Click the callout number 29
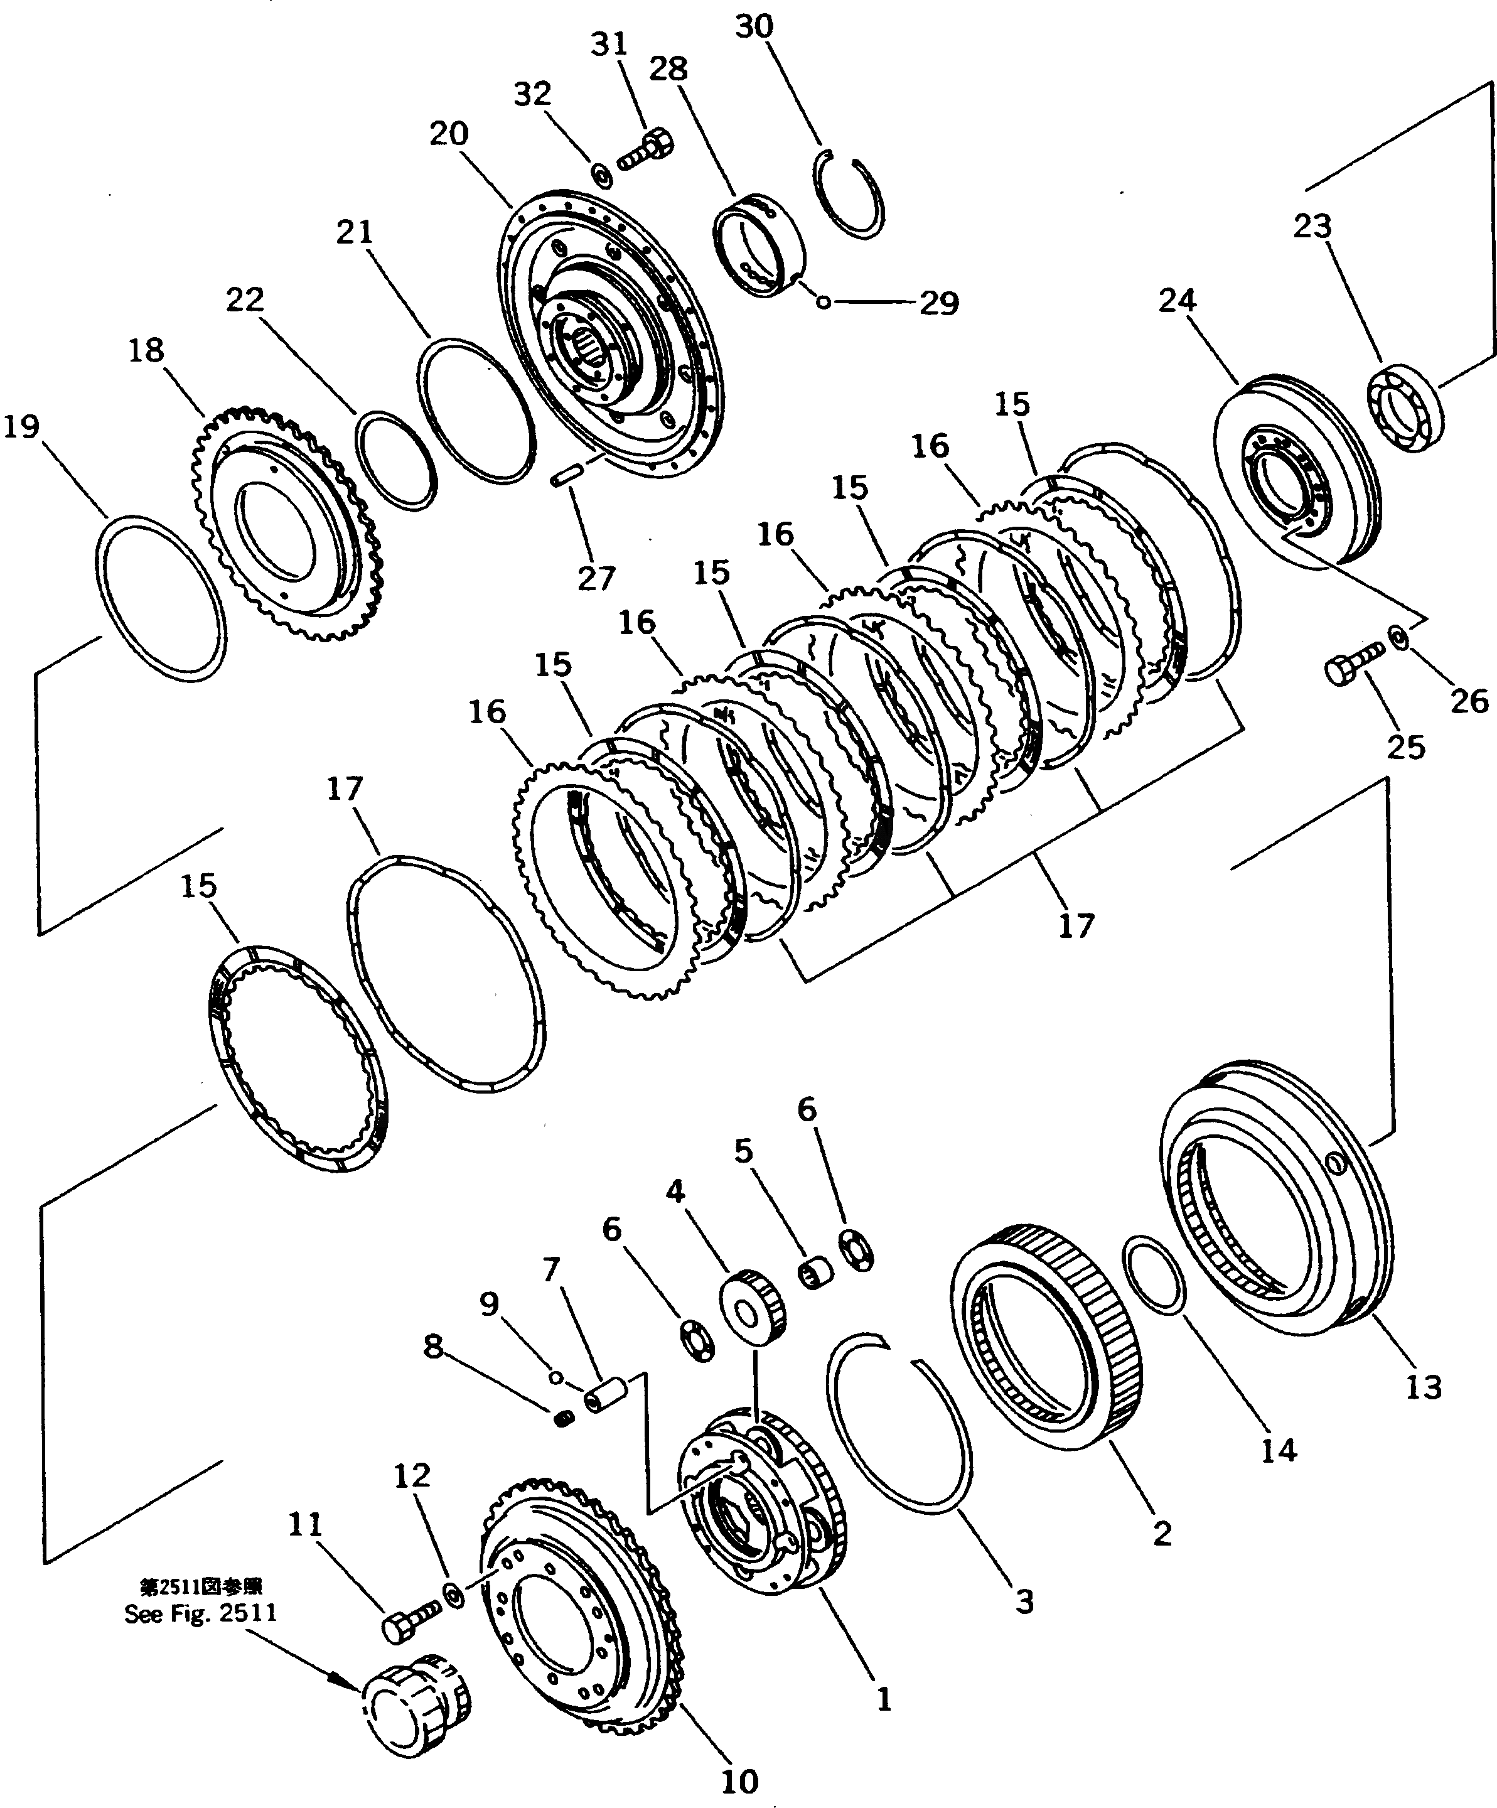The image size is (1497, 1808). coord(938,303)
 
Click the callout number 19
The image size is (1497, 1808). coord(21,427)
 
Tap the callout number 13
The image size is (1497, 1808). coord(1423,1389)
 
